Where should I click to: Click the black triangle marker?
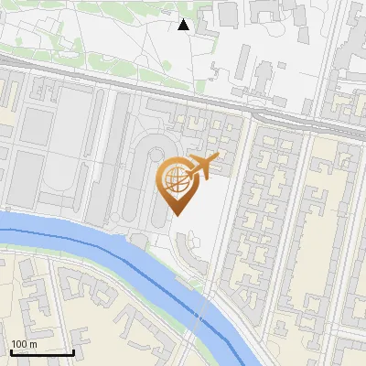pyautogui.click(x=184, y=25)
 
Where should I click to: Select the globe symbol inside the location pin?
pyautogui.click(x=174, y=178)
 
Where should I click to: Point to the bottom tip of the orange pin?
pyautogui.click(x=176, y=214)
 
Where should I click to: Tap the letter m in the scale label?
pyautogui.click(x=34, y=344)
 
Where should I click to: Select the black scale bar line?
pyautogui.click(x=42, y=352)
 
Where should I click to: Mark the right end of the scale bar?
pyautogui.click(x=74, y=352)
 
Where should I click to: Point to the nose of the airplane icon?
pyautogui.click(x=217, y=159)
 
